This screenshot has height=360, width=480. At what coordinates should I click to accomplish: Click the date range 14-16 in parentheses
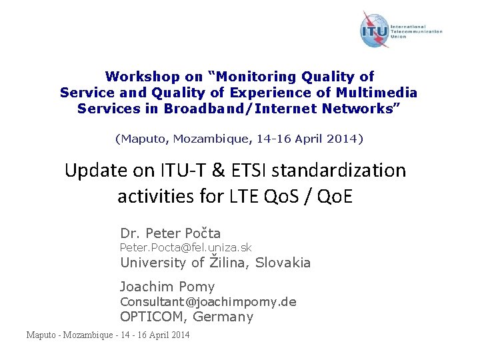[x=275, y=139]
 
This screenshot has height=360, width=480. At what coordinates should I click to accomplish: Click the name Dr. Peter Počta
[x=170, y=233]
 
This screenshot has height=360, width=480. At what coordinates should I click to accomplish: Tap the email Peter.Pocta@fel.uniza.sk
[x=185, y=248]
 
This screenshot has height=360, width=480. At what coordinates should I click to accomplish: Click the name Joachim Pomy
[x=167, y=287]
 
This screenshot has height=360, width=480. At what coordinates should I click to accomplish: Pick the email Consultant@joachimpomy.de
[x=207, y=302]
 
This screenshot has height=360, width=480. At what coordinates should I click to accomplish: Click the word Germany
[x=223, y=317]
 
